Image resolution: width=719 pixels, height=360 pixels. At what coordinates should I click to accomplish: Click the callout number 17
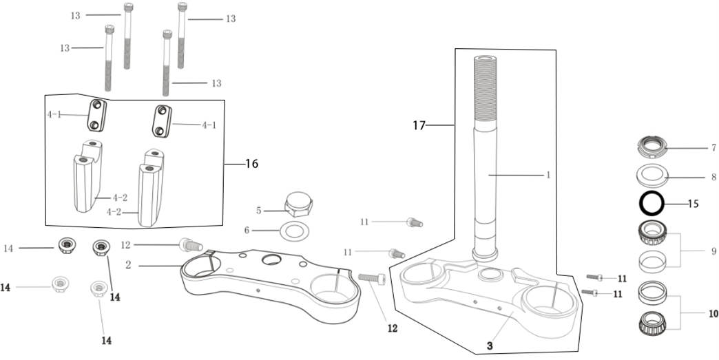point(419,125)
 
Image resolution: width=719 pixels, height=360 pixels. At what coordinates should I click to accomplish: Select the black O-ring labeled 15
point(651,204)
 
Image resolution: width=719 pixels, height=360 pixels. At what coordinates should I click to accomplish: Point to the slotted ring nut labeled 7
point(651,146)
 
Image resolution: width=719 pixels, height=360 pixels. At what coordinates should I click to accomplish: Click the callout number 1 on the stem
point(548,175)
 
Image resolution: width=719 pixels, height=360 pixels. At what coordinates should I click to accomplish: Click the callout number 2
point(128,264)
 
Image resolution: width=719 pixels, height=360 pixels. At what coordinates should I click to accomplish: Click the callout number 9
point(713,251)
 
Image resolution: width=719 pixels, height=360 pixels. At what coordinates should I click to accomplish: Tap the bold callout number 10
point(713,313)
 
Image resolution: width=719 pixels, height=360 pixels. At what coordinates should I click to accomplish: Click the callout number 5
point(259,211)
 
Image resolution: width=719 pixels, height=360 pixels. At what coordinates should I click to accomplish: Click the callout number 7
point(714,147)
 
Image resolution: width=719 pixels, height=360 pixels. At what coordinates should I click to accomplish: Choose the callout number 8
point(713,177)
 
